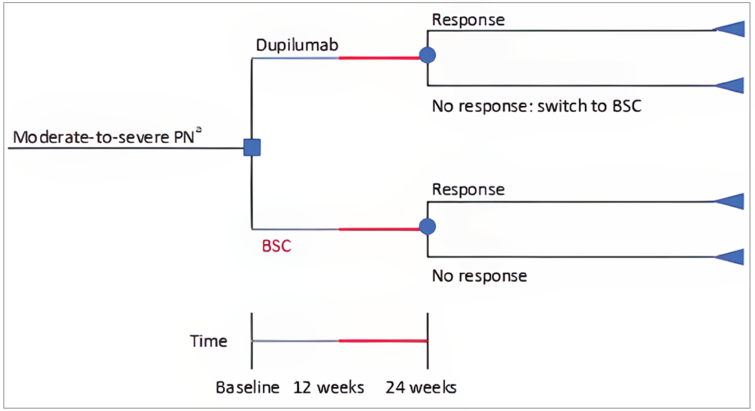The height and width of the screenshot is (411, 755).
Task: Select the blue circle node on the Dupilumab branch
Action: coord(427,55)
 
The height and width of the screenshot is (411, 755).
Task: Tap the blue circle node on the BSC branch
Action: coord(427,226)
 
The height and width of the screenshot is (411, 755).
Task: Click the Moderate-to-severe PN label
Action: coord(103,137)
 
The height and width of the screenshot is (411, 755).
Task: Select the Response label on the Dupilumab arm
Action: coord(468,20)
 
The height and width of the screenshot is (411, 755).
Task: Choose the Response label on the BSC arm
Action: coord(468,189)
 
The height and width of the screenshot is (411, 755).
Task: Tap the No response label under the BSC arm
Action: coord(479,276)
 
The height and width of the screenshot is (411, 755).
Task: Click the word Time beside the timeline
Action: coord(208,341)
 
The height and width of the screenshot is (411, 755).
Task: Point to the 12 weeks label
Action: coord(328,388)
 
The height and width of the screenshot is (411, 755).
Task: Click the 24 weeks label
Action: coord(420,388)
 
